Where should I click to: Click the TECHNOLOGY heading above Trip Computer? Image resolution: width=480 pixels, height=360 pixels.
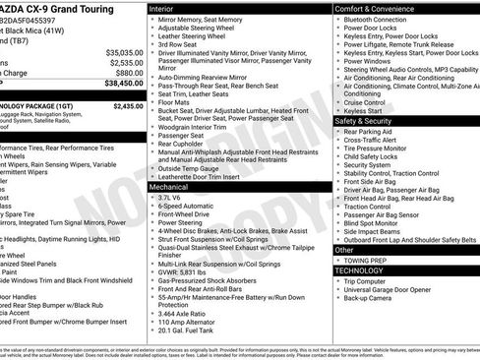[x=359, y=270]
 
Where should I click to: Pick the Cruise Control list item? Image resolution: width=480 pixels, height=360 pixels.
[x=365, y=101]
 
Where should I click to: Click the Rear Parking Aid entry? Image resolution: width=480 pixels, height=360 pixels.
[x=369, y=131]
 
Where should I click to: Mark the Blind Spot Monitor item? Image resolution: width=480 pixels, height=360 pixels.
[x=373, y=222]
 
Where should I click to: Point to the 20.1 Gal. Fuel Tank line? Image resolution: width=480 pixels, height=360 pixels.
[x=187, y=330]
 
